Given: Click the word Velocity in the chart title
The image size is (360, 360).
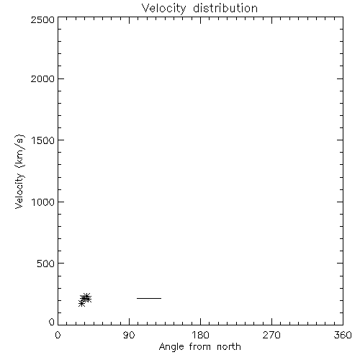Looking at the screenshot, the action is coord(163,9).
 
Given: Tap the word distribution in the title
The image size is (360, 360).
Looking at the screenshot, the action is coord(225,8).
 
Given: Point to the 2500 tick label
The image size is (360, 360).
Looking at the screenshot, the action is coord(42,19).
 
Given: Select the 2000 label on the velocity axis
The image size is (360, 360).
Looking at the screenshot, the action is coord(42,78).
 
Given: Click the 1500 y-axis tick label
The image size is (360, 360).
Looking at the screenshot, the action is coord(43,140).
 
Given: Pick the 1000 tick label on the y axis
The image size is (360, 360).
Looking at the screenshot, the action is coord(43,202).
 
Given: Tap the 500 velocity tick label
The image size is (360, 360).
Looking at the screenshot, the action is coord(46,264).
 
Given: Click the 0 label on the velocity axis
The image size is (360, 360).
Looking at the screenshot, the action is coord(52,322).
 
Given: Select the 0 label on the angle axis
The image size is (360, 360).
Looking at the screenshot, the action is coord(58,335).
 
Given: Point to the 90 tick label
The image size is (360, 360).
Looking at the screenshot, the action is coord(129,335).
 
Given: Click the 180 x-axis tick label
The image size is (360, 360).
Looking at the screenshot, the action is coord(200,335).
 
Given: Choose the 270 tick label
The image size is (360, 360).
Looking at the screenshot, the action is coord(271,335).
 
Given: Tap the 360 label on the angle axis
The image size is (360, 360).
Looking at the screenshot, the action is coord(343,335).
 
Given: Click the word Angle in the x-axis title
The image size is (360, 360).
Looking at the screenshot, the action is coord(171,347).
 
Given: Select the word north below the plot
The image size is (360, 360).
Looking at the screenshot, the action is coord(229,346).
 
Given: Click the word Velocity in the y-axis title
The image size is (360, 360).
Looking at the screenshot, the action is coord(19,191).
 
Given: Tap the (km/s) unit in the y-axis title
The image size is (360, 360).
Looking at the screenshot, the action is coord(19,151).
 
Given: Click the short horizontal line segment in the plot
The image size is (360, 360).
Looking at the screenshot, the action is coord(149,298).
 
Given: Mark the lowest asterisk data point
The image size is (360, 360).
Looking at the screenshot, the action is coord(81,304).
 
